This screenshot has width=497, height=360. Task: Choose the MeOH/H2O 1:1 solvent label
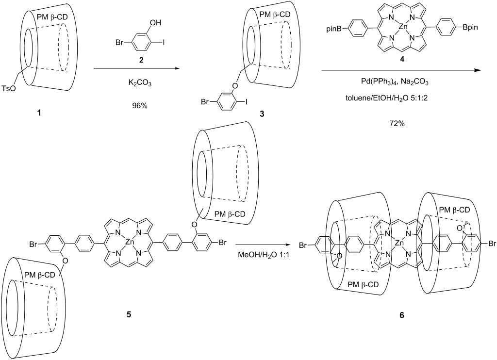tap(265, 255)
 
